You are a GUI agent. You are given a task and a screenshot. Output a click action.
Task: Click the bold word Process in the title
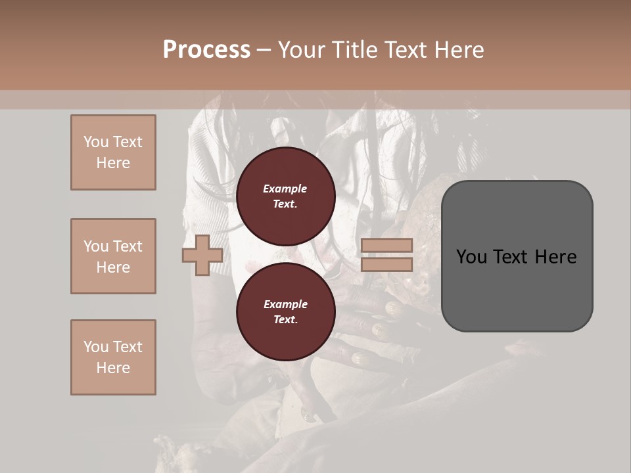tap(206, 50)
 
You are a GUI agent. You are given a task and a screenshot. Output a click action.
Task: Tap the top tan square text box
tap(113, 152)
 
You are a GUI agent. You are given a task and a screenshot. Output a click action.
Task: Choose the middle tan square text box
tap(113, 256)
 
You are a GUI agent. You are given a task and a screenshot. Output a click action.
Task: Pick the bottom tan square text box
tap(113, 357)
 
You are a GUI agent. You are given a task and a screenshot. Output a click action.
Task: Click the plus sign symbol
tap(202, 255)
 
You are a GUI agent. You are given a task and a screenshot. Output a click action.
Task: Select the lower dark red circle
tap(285, 312)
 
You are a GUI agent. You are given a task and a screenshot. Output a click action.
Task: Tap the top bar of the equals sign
tap(386, 246)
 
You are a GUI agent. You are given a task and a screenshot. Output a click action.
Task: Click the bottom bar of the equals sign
tap(386, 264)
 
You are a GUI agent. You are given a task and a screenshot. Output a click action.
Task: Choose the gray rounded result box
tap(517, 256)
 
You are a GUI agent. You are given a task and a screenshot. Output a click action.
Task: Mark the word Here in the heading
tap(459, 50)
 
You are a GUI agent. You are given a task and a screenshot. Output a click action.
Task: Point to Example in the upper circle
tap(285, 189)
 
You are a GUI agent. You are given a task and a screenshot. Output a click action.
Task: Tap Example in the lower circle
tap(285, 305)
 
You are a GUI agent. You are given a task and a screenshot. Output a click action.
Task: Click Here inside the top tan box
tap(113, 163)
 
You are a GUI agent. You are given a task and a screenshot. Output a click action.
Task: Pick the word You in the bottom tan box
tap(96, 347)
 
